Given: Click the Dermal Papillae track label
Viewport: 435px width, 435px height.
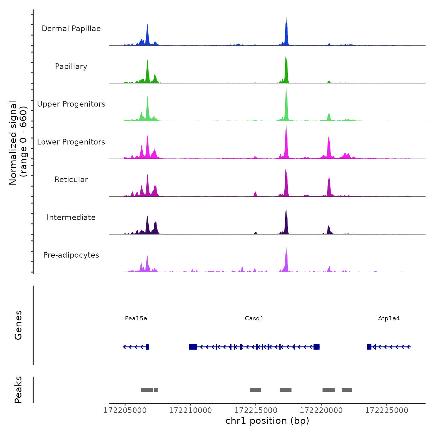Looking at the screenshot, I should pos(71,29).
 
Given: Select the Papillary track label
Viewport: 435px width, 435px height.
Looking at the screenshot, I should pos(71,66).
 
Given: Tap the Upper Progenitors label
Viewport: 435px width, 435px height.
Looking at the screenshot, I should pos(71,104).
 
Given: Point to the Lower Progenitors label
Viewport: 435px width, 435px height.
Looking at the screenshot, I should pos(71,142).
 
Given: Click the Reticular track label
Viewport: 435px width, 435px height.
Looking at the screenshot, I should pos(71,180).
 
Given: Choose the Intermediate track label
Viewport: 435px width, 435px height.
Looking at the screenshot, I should pos(71,217).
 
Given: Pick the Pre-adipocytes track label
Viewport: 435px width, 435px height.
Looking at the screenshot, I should pos(71,255).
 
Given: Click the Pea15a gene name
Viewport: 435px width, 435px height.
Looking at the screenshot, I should pos(136,318).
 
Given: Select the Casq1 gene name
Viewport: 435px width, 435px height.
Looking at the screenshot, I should pos(254,318).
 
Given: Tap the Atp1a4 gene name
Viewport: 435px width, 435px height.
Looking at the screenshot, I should pos(389,318).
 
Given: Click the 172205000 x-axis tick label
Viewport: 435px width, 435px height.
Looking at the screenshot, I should pos(125,410).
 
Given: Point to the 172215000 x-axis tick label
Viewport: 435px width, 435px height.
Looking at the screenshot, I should pos(256,410).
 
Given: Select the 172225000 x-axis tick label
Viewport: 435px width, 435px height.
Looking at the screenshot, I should pos(387,410).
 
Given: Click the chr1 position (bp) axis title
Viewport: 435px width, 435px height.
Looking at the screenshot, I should pos(267,421).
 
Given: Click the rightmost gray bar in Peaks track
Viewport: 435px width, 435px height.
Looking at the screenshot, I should pos(347,390).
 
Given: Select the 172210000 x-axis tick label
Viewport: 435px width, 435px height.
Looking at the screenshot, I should pos(190,410).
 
